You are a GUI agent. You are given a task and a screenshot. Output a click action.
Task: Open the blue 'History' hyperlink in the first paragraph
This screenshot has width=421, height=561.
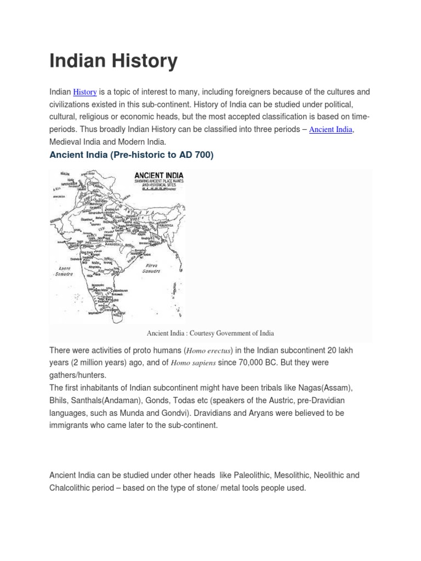click(85, 92)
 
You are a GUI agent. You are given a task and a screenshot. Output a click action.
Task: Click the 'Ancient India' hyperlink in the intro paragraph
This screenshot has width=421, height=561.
click(331, 130)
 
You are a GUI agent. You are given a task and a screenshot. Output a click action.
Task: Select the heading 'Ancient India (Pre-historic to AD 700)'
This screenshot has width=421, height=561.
click(131, 155)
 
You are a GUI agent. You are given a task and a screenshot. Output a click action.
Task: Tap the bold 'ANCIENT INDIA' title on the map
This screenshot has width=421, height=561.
click(159, 176)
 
